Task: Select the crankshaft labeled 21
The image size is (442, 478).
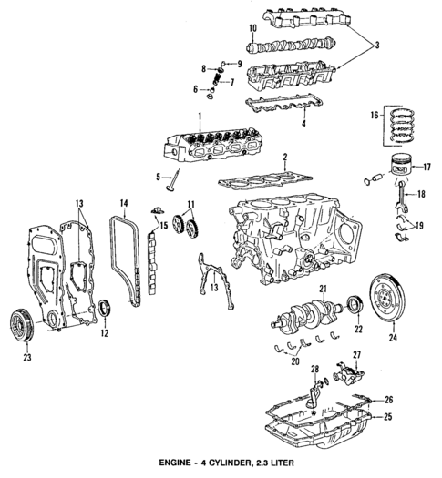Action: point(305,319)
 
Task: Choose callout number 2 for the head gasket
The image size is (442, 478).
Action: point(285,158)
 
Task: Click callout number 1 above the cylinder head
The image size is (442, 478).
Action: point(199,116)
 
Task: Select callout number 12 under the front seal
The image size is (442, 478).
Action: point(105,334)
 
